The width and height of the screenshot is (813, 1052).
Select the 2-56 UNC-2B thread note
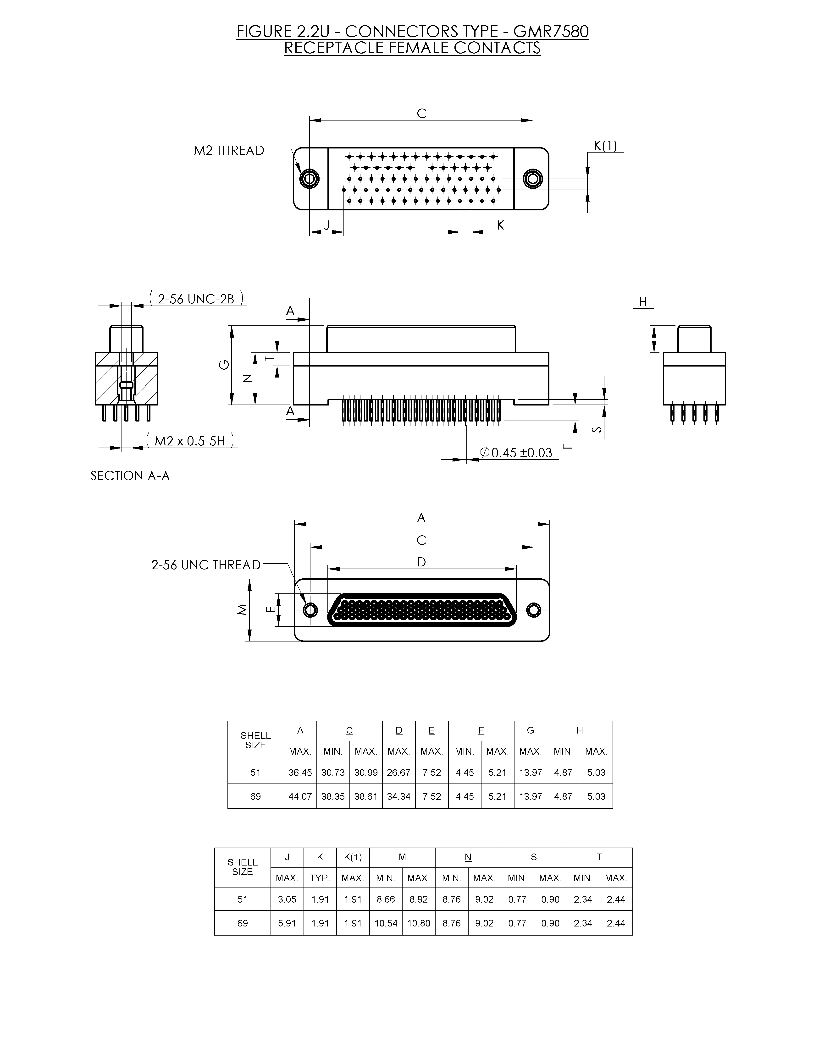pyautogui.click(x=196, y=299)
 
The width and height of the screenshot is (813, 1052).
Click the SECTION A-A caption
pyautogui.click(x=130, y=476)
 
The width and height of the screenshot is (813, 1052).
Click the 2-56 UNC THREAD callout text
pyautogui.click(x=206, y=565)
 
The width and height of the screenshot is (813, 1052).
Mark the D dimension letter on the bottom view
pyautogui.click(x=421, y=562)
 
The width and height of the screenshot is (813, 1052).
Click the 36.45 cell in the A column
pyautogui.click(x=300, y=773)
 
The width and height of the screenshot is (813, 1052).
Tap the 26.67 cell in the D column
pyautogui.click(x=398, y=773)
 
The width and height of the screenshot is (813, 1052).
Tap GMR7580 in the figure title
pyautogui.click(x=551, y=32)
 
